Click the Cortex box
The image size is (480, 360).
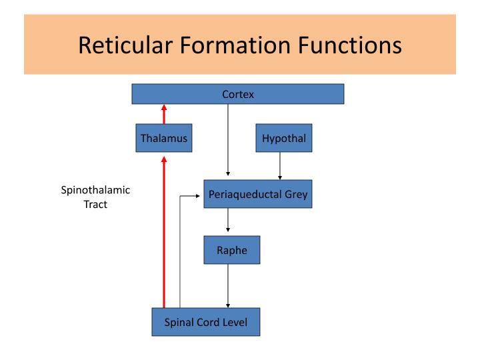coord(237,95)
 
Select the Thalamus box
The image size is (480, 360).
coord(164,139)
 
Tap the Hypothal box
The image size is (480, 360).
coord(279,139)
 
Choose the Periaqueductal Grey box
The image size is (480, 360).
coord(258,195)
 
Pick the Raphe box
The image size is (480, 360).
coord(231,251)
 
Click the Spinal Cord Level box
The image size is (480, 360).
coord(205,323)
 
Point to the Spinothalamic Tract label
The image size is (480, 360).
coord(95,197)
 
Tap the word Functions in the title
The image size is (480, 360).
coord(355,45)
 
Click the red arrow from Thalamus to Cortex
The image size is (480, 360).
coord(164,114)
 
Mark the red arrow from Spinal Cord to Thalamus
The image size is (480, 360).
coord(164,233)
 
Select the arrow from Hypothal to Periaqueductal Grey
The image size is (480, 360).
coord(279,167)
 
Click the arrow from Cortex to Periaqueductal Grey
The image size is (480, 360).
coord(228,140)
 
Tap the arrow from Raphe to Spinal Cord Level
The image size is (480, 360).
coord(228,287)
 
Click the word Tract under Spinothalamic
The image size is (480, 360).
coord(95,205)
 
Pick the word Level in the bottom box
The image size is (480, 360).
coord(233,323)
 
